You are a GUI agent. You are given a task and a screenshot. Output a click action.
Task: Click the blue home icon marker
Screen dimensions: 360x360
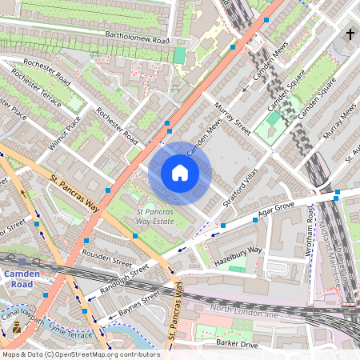point(180,173)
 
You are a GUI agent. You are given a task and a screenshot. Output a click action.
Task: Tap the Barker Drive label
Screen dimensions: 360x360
point(237,345)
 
